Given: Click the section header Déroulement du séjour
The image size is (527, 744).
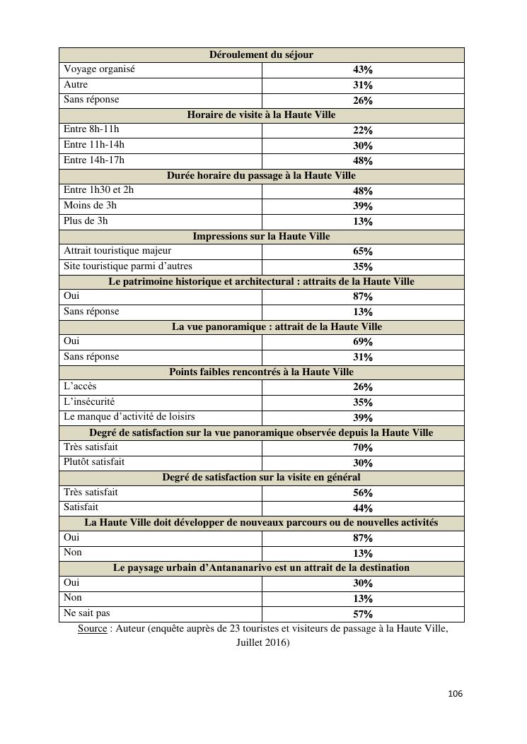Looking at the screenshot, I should click(x=261, y=54).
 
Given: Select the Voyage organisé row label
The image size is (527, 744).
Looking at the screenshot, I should click(x=99, y=69).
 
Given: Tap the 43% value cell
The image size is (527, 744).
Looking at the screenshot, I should click(x=363, y=70).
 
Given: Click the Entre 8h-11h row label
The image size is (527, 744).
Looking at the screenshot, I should click(x=91, y=129).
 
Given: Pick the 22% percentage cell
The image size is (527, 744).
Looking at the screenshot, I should click(x=363, y=131).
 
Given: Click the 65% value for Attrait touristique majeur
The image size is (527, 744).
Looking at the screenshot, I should click(x=363, y=251).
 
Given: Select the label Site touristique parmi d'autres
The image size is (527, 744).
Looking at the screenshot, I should click(x=128, y=266).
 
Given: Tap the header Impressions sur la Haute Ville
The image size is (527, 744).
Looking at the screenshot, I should click(x=261, y=236).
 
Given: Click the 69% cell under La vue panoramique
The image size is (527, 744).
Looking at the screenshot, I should click(x=363, y=342).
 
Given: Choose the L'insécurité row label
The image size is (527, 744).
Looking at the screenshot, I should click(x=89, y=401).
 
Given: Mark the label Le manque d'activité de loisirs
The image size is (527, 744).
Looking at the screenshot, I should click(x=129, y=416).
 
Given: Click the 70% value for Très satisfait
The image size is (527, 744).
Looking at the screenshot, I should click(x=363, y=447).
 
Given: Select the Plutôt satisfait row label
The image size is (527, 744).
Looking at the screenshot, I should click(x=94, y=461).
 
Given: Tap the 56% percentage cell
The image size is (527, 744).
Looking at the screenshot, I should click(x=363, y=492).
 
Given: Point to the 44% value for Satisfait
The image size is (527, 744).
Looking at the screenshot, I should click(x=363, y=508).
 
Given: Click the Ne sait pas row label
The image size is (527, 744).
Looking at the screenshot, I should click(x=87, y=613).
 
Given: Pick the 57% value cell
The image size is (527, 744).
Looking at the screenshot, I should click(x=363, y=614).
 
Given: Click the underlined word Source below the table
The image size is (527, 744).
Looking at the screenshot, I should click(x=92, y=628).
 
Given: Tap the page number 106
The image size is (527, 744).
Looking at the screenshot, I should click(x=455, y=694).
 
